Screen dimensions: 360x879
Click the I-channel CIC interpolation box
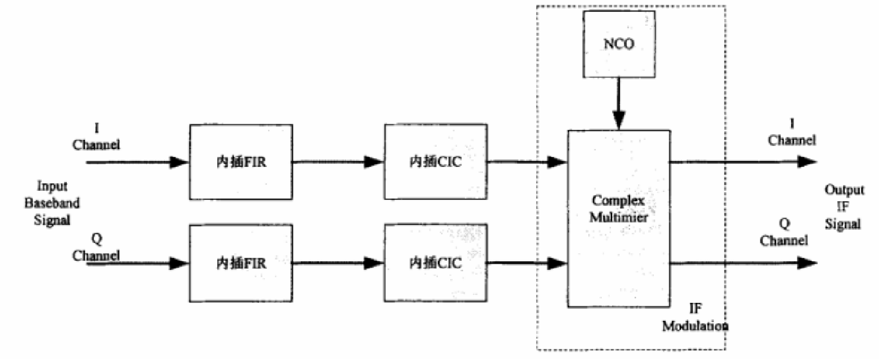click(436, 162)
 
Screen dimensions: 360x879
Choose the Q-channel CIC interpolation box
click(436, 263)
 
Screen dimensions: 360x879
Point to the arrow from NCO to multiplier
click(618, 110)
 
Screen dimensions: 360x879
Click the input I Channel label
click(96, 138)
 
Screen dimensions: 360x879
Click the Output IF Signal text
click(843, 207)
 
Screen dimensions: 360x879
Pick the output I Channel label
click(792, 132)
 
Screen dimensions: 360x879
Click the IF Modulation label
click(694, 318)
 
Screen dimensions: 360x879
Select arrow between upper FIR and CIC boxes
click(337, 163)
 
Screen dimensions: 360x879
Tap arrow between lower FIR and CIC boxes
click(337, 263)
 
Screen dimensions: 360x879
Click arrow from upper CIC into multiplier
click(527, 163)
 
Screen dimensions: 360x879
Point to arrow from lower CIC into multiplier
click(527, 263)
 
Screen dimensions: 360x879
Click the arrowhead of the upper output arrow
click(808, 163)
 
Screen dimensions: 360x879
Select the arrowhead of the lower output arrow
click(808, 264)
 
